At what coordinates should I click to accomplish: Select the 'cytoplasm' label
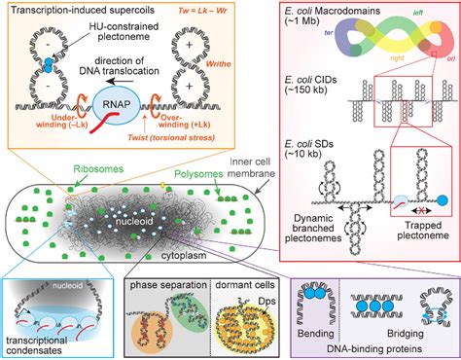[x=206, y=249]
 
